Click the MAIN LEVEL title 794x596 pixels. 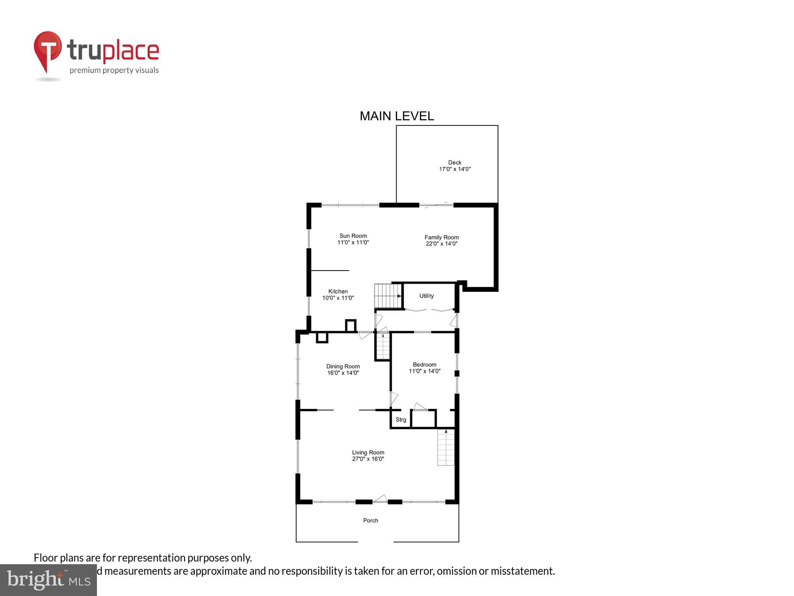(397, 116)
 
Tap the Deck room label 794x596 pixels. (455, 163)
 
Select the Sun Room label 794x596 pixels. (353, 236)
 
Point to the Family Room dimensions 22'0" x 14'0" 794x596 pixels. (442, 244)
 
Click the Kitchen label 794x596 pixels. (338, 291)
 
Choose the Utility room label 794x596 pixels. (426, 296)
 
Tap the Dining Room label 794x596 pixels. (343, 366)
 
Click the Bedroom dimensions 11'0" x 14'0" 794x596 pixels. (425, 371)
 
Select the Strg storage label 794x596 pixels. (401, 420)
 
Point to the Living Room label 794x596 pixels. (368, 452)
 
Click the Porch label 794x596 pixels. (371, 521)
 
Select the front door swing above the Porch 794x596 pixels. (380, 499)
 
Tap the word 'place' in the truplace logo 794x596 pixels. (131, 51)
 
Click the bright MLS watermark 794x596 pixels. (48, 580)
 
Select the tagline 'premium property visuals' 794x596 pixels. (114, 70)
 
